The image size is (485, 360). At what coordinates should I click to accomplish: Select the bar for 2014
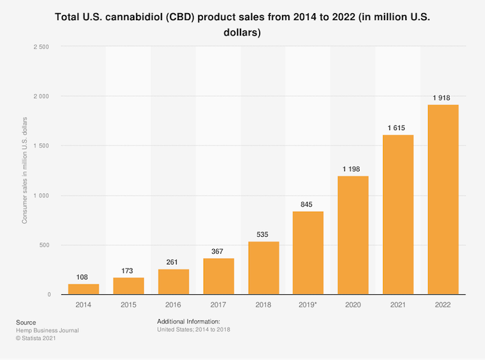coord(83,289)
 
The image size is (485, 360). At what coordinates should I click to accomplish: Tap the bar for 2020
coord(353,235)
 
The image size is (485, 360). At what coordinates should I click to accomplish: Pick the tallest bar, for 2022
coord(443,199)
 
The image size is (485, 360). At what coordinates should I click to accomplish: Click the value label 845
coord(308,204)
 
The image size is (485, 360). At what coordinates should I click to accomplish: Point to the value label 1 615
coord(398,128)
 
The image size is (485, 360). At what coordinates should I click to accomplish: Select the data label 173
coord(128,271)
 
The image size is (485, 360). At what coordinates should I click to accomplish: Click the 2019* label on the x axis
coord(308,305)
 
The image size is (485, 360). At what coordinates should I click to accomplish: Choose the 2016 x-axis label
coord(173,305)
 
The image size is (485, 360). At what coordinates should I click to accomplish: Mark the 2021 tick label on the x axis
coord(398,305)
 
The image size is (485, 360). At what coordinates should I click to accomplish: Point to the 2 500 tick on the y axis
coord(42,47)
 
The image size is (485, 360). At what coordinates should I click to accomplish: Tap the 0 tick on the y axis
coord(49,295)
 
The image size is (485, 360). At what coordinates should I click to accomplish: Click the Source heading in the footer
coord(25,322)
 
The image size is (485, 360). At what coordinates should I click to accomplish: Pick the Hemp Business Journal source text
coord(46,330)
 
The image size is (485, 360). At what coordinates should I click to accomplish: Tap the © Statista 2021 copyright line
coord(35,339)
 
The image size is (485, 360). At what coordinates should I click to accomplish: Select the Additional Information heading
coord(188,322)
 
